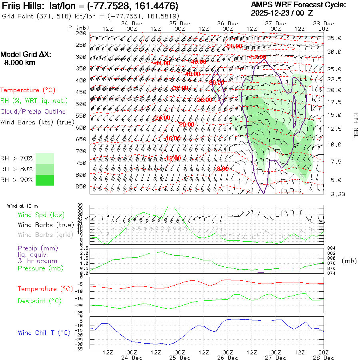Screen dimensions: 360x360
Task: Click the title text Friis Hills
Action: pyautogui.click(x=24, y=6)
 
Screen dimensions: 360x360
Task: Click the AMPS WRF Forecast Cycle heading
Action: pyautogui.click(x=298, y=5)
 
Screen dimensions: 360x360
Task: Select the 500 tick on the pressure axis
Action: pyautogui.click(x=81, y=104)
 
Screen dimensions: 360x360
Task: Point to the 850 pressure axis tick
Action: pyautogui.click(x=81, y=186)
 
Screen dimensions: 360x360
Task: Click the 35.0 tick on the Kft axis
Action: pyautogui.click(x=334, y=38)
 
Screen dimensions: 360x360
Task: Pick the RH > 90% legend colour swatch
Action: pyautogui.click(x=45, y=180)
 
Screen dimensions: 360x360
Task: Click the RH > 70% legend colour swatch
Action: pyautogui.click(x=45, y=158)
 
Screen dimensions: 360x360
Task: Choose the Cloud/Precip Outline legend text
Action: pyautogui.click(x=33, y=112)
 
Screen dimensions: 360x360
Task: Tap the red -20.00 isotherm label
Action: pyautogui.click(x=186, y=124)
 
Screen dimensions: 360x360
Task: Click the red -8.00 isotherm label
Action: pyautogui.click(x=222, y=169)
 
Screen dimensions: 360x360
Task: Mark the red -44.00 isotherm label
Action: pyautogui.click(x=162, y=63)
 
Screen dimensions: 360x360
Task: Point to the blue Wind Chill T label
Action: pyautogui.click(x=44, y=332)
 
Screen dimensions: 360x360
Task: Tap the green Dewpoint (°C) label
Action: pyautogui.click(x=40, y=301)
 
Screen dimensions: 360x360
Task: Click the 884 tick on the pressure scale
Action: pyautogui.click(x=332, y=248)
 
